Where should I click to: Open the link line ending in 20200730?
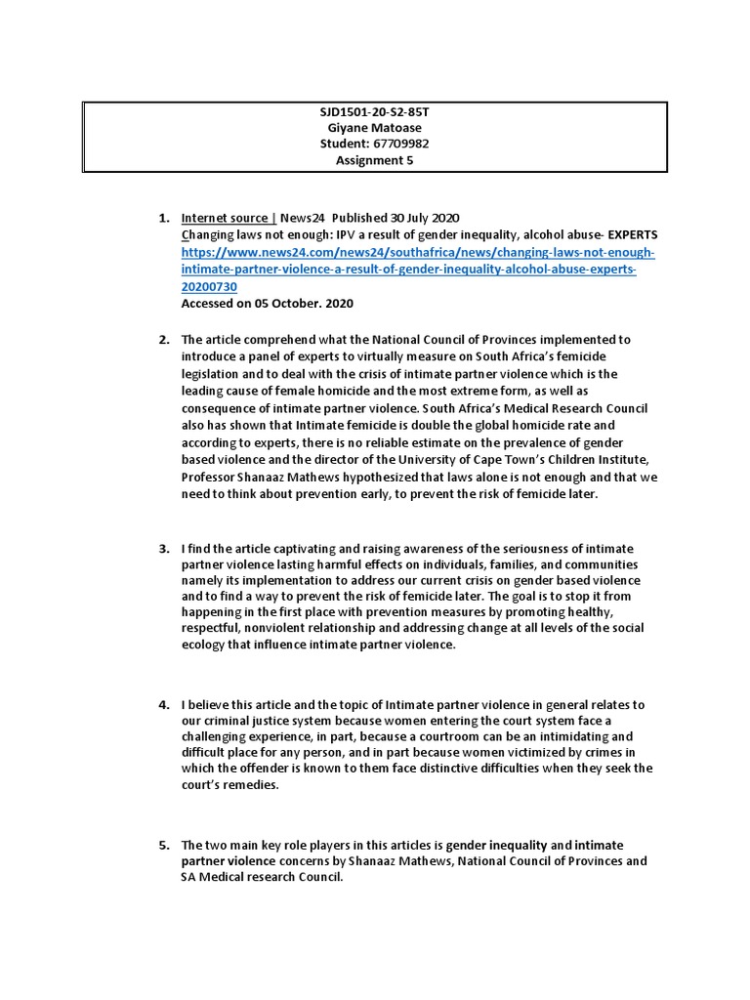click(209, 286)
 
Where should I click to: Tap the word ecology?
click(205, 646)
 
